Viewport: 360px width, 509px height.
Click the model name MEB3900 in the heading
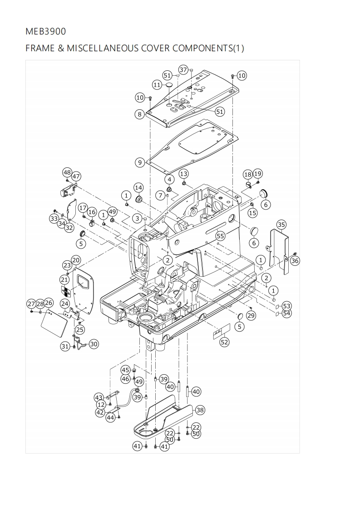coord(45,31)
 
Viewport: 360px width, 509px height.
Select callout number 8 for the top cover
coord(140,114)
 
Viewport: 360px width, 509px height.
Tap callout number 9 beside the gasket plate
coord(140,162)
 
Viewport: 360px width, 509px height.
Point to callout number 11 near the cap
coord(157,85)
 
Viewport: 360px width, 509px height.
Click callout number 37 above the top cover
coord(183,70)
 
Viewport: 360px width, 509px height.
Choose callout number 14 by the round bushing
coord(138,188)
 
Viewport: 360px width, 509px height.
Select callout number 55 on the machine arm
coord(220,236)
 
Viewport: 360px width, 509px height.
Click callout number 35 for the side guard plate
coord(281,225)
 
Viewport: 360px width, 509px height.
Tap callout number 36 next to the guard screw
coord(295,260)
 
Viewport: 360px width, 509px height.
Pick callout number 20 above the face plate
coord(76,260)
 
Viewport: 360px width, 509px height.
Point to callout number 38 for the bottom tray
coord(199,410)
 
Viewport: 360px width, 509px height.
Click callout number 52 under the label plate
coord(224,342)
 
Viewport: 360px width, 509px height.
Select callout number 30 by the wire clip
coord(94,344)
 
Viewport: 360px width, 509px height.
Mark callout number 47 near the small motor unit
coord(76,176)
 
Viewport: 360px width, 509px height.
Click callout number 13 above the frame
coord(183,174)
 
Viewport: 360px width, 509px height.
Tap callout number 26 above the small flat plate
coord(49,303)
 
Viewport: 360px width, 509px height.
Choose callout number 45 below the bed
coord(125,370)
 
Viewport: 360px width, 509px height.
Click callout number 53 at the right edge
coord(286,306)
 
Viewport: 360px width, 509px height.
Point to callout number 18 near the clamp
coord(248,174)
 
